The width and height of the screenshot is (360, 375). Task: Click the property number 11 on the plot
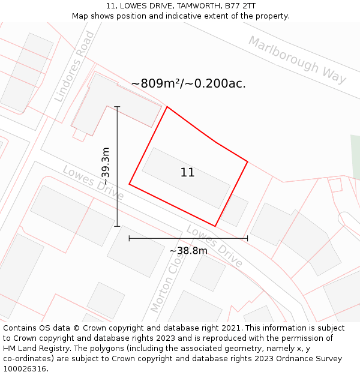pos(187,173)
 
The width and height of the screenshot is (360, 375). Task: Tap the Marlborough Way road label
pos(297,60)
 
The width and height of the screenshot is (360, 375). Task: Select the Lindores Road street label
pos(74,67)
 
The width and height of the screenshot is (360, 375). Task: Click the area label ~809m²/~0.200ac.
pos(188,83)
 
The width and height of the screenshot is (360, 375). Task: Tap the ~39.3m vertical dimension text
pos(106,166)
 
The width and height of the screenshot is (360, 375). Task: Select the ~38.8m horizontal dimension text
pos(188,250)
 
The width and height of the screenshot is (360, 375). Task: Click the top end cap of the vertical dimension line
pos(117,107)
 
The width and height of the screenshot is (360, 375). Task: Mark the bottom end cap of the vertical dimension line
pos(117,226)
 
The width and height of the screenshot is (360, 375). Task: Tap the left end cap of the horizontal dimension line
pos(129,238)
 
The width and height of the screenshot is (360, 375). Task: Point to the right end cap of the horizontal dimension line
pos(247,238)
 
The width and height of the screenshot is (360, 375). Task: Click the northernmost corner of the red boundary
pos(167,107)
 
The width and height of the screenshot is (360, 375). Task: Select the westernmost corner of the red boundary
pos(129,184)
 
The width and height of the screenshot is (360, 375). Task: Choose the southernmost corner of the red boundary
pos(215,226)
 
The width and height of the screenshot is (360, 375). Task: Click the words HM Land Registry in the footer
pos(35,349)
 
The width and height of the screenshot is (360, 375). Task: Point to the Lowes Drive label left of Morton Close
pos(93,183)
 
